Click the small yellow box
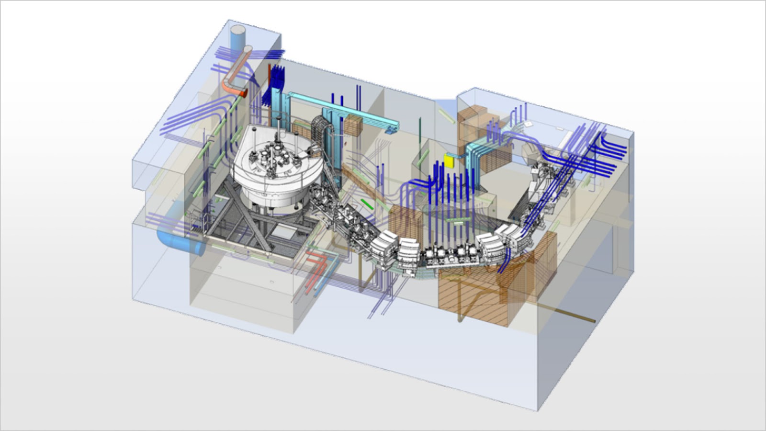tap(449, 161)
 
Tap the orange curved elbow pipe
tap(232, 87)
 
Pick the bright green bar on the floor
tap(367, 204)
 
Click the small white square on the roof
tap(528, 124)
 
